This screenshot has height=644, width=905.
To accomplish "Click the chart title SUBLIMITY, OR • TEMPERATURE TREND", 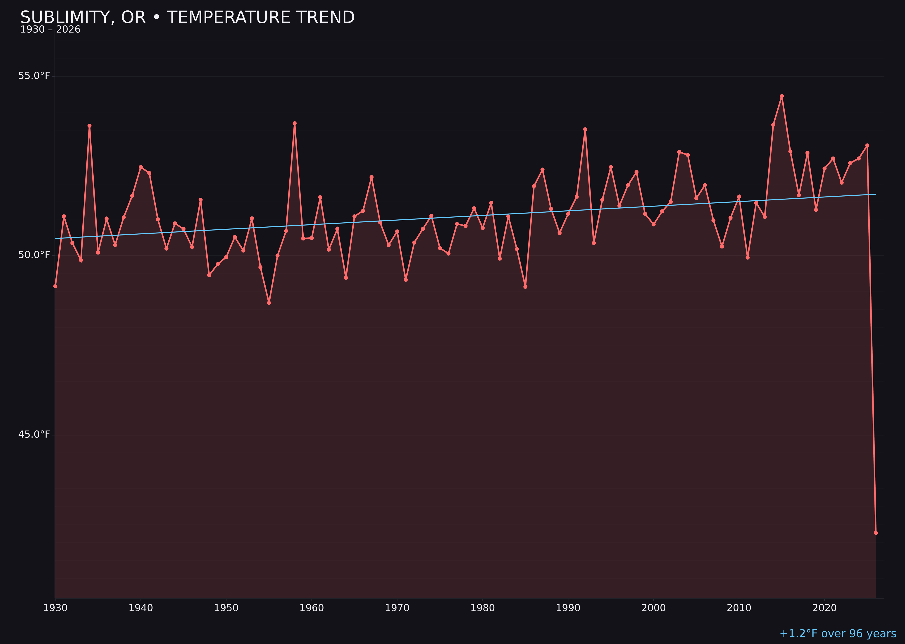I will point(187,17).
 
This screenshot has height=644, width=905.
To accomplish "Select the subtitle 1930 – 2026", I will point(50,30).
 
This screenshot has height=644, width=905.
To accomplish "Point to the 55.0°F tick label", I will point(34,76).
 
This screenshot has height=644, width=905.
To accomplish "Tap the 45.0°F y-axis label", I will point(34,435).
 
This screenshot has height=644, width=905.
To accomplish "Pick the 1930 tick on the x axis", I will point(55,608).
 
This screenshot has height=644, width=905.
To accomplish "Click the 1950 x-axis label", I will point(226,608).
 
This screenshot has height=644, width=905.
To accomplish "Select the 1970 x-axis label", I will point(397,608).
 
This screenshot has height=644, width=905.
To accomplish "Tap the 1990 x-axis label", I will point(568,608).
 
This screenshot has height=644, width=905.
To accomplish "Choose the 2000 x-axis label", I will point(653,608).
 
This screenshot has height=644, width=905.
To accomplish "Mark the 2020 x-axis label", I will point(824,608).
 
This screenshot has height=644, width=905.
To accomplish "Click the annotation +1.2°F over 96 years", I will point(838,634).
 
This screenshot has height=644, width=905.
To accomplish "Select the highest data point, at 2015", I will point(782,96).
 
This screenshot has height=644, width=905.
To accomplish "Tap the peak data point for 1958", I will point(294,123).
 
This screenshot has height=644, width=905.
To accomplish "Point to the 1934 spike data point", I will point(90,126).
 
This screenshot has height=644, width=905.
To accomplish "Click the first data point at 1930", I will point(55,286).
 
